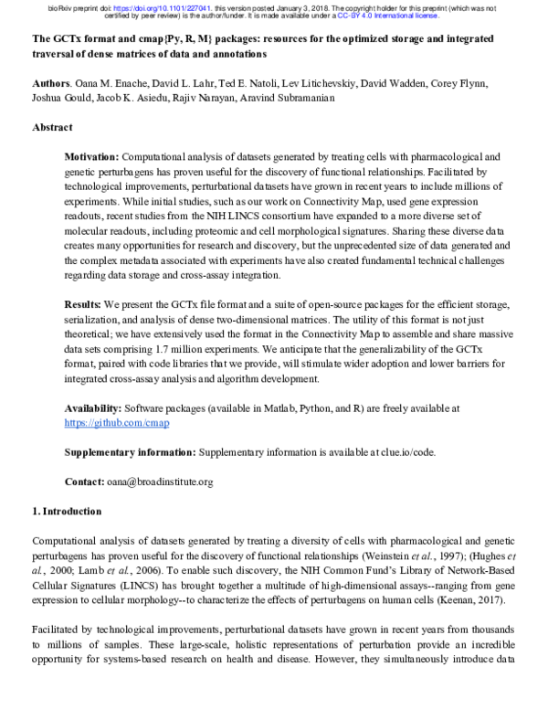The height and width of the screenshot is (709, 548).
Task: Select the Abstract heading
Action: click(x=53, y=128)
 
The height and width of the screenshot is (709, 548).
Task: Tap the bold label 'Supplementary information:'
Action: click(x=129, y=452)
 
